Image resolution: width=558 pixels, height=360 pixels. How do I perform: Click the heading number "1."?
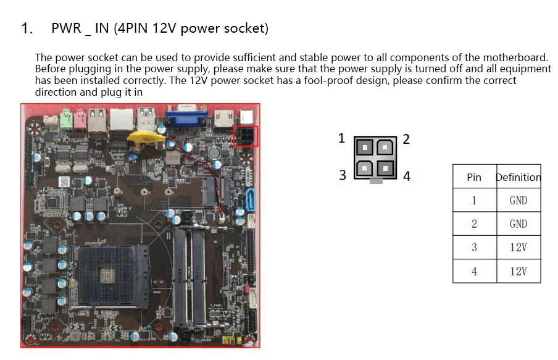tap(27, 28)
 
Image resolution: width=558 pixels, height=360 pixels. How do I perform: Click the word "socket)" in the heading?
tap(246, 28)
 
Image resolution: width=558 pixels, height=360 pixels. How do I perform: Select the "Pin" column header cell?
tap(474, 177)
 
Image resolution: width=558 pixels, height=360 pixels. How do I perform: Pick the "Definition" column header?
tap(518, 177)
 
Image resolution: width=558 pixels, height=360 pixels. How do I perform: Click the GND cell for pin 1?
tap(518, 201)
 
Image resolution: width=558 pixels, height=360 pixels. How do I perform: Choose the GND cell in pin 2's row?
tap(518, 224)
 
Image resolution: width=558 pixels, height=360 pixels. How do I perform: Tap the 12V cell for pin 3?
tap(518, 248)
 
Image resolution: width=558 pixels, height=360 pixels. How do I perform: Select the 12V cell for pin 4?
tap(518, 271)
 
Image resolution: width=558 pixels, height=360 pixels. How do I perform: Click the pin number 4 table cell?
tap(474, 271)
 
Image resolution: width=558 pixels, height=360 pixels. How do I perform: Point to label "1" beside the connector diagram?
tap(341, 138)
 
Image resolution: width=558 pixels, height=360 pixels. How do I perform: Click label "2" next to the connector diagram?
tap(406, 139)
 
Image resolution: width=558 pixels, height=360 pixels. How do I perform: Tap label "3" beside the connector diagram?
tap(343, 175)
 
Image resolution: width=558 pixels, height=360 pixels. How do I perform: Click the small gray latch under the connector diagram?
tap(375, 181)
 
